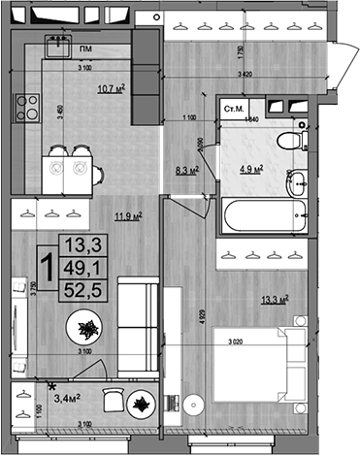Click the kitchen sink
(59, 44)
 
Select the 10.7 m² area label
(110, 90)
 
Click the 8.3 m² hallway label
(186, 169)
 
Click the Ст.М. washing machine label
(234, 110)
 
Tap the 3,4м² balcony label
(68, 395)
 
